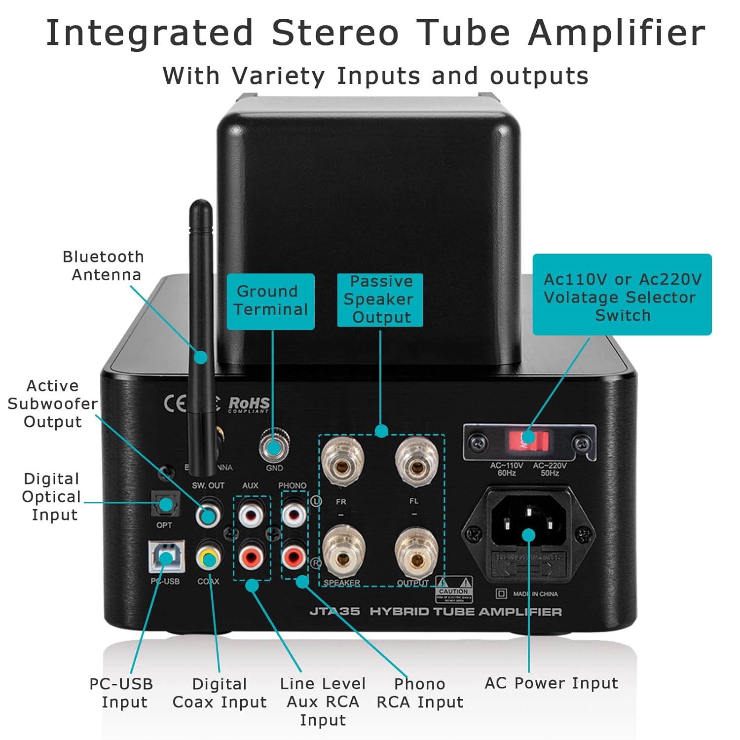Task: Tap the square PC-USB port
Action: point(166,557)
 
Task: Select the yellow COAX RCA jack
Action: point(208,559)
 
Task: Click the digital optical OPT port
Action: point(166,505)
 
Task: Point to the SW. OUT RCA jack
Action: point(208,516)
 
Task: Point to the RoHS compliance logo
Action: point(249,405)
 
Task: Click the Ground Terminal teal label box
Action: point(270,301)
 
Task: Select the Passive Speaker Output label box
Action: point(380,299)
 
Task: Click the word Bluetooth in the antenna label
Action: point(103,257)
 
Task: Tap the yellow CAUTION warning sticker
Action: point(454,590)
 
